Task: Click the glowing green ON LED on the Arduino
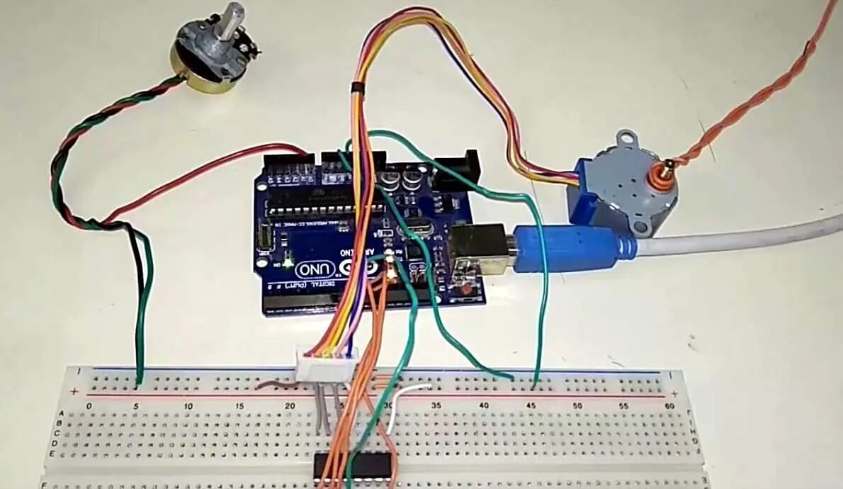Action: click(x=288, y=264)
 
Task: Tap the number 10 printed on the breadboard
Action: click(x=189, y=406)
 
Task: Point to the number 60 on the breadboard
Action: click(x=669, y=405)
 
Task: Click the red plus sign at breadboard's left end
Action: click(x=74, y=391)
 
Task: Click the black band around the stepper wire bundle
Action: click(x=357, y=87)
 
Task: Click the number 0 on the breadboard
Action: click(x=89, y=406)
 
